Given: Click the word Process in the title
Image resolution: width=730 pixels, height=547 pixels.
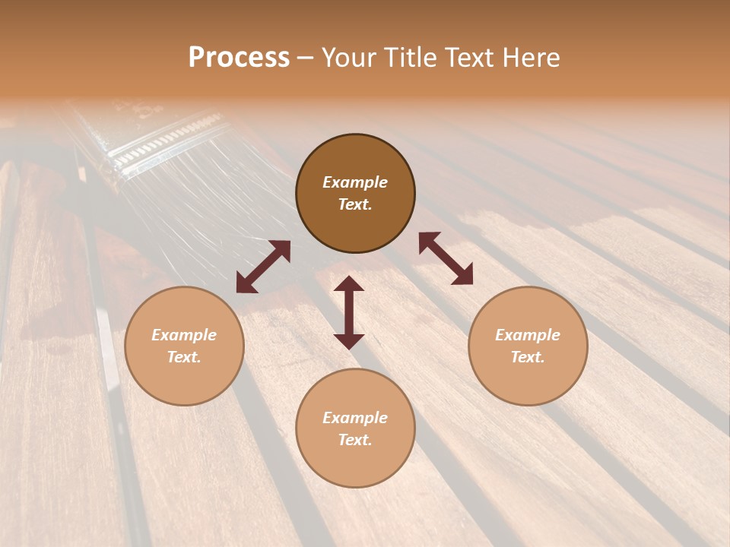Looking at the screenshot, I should click(239, 58).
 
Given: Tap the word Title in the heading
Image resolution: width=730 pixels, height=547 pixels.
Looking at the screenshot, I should click(415, 58).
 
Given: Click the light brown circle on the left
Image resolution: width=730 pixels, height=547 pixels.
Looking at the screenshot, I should click(184, 346).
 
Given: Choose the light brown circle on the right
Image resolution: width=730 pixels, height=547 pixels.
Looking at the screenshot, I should click(528, 346).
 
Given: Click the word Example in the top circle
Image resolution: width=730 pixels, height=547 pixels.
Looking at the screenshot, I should click(355, 182).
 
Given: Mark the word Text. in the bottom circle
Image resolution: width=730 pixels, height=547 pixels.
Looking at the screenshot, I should click(355, 440).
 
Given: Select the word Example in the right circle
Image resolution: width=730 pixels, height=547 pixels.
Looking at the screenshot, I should click(528, 335).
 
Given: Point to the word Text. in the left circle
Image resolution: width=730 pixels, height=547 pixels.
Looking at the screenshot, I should click(184, 357).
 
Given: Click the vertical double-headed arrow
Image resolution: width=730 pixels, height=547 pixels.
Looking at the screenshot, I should click(349, 312).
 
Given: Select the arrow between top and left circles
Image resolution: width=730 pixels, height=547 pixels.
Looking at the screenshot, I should click(263, 267).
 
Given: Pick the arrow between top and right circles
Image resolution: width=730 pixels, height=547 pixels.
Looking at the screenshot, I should click(446, 258).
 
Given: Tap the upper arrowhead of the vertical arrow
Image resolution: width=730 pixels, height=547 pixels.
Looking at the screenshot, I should click(349, 283).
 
